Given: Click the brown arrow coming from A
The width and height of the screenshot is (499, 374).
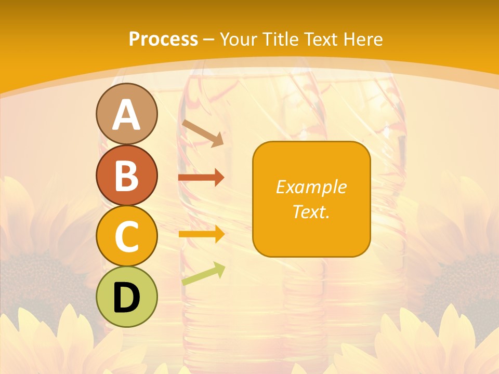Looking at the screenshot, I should [203, 133].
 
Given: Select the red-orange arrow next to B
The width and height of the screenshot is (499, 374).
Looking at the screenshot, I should [201, 178].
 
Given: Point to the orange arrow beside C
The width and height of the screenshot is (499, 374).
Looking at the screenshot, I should [201, 234].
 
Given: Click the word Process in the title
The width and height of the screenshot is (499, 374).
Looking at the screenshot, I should [163, 39].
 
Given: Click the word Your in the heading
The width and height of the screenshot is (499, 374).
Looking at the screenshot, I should [238, 39].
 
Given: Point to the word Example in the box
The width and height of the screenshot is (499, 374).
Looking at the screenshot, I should [311, 187].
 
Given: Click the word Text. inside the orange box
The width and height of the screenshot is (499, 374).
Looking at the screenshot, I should [311, 211].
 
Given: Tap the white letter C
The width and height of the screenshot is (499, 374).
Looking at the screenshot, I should [127, 237].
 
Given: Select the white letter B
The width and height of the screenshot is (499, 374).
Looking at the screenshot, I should [127, 176].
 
